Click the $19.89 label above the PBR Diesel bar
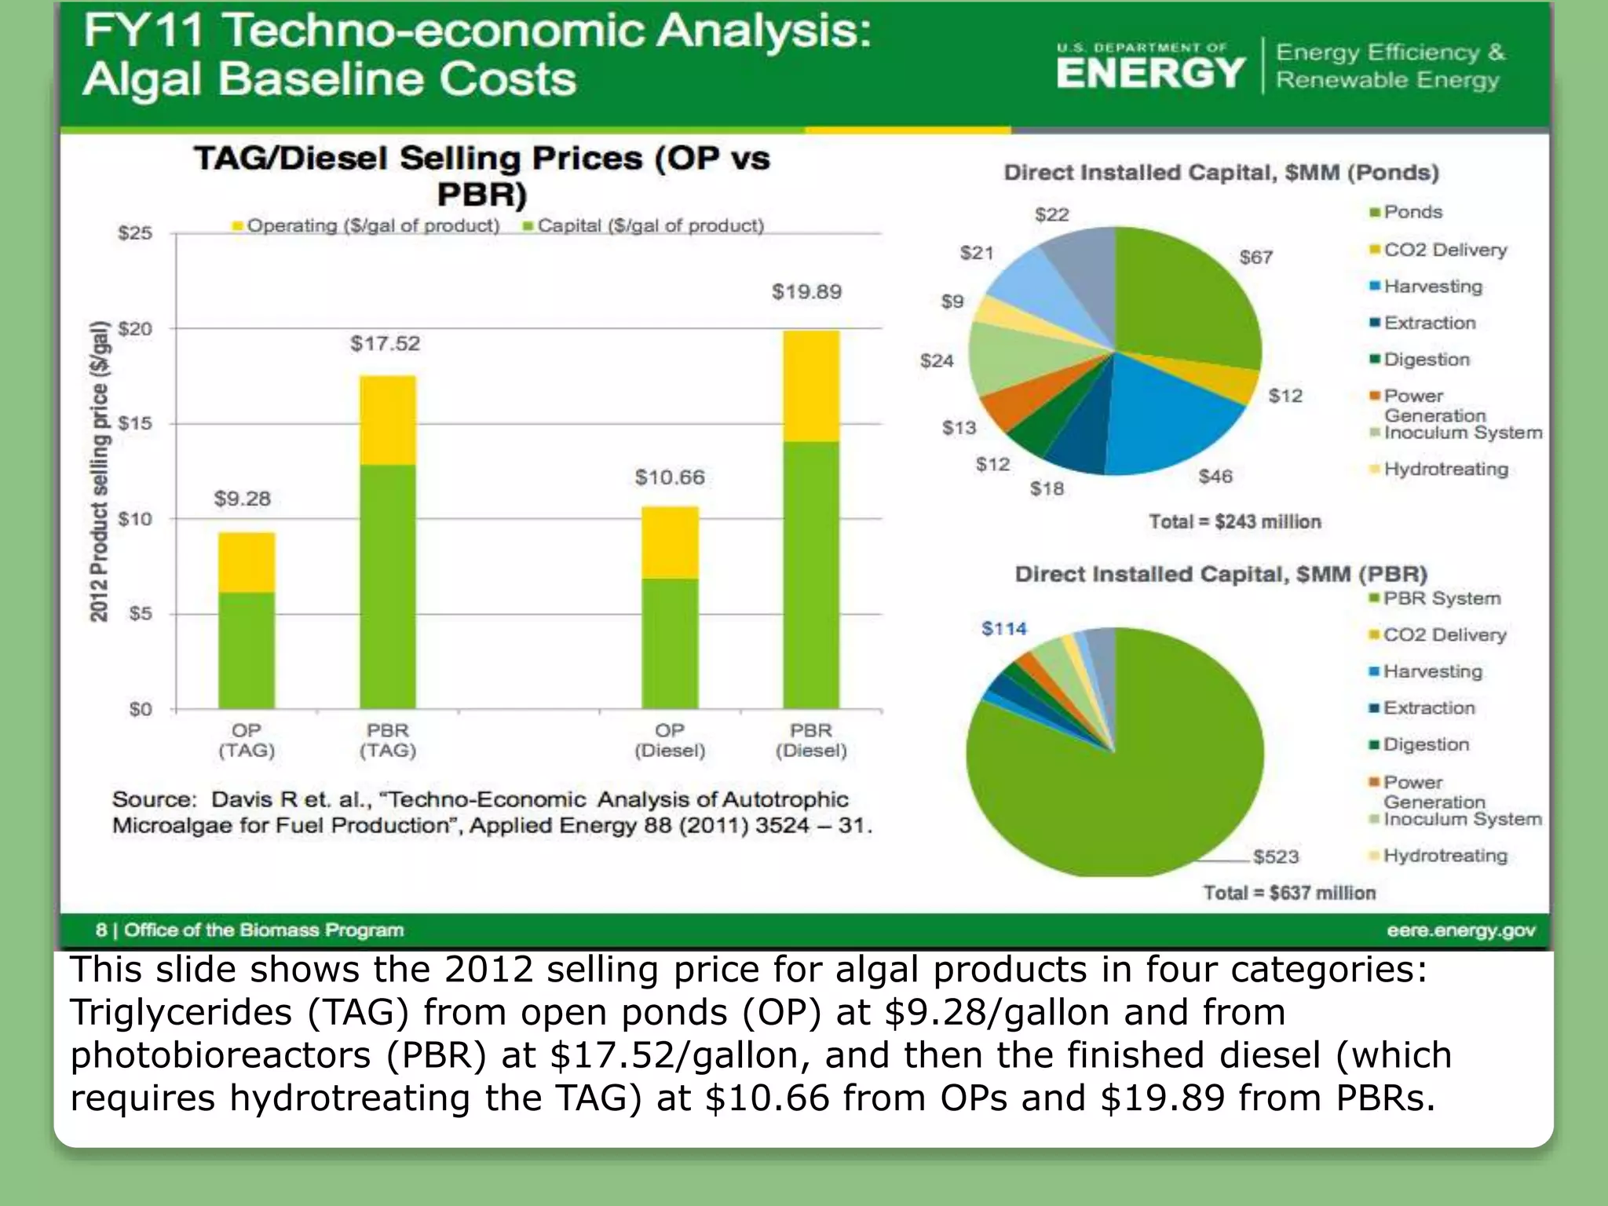point(806,292)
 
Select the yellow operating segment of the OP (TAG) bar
point(247,562)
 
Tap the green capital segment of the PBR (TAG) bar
point(388,586)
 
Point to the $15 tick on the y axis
point(135,424)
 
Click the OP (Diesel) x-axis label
point(670,740)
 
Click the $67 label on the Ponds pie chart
point(1255,258)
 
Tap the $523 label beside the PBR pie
point(1276,857)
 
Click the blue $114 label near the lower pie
point(1003,629)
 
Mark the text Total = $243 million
point(1235,522)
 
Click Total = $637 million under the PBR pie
point(1289,894)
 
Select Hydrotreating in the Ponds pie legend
point(1445,470)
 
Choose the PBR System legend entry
point(1442,599)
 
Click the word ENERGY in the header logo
point(1150,75)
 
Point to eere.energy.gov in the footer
point(1460,930)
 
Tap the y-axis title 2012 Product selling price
point(99,471)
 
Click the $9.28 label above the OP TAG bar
point(242,499)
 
